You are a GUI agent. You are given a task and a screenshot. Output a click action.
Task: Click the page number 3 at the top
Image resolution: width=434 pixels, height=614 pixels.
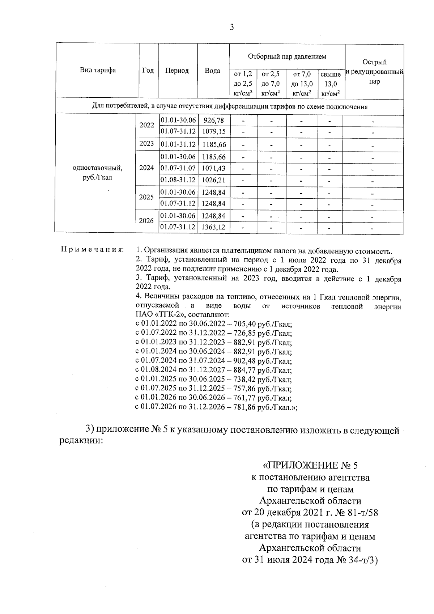click(x=231, y=27)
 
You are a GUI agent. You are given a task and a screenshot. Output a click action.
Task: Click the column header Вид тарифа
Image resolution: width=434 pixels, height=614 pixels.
click(x=98, y=70)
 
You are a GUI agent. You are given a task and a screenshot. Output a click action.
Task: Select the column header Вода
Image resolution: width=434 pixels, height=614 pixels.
click(x=212, y=71)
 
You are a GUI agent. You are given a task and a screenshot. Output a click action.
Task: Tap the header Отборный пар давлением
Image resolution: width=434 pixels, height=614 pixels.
click(x=287, y=56)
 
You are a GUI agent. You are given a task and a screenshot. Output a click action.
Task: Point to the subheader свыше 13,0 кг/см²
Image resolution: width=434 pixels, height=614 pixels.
click(x=331, y=84)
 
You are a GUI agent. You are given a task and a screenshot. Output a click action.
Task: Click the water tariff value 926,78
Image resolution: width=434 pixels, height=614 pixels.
click(x=214, y=120)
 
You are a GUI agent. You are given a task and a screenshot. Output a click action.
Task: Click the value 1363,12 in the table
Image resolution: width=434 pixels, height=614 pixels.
click(x=214, y=227)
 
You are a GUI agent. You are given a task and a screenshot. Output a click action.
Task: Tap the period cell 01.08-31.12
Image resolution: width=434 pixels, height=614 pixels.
click(x=178, y=180)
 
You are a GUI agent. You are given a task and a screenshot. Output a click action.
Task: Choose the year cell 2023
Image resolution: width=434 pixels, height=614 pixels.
click(x=146, y=144)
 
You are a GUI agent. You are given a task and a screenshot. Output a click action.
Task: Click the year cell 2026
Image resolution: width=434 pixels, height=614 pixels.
click(x=146, y=221)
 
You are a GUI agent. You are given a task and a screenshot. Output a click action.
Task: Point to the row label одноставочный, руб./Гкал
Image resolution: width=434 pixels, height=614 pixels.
click(x=97, y=173)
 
